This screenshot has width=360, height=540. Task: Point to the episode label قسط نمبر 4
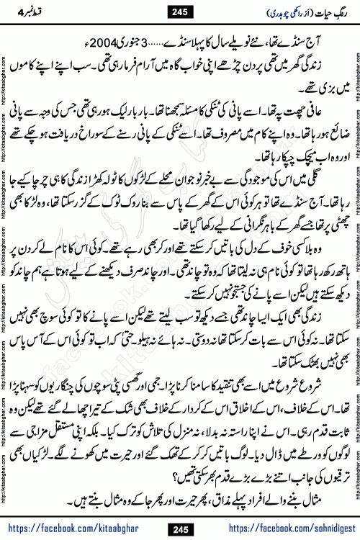coord(47,12)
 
